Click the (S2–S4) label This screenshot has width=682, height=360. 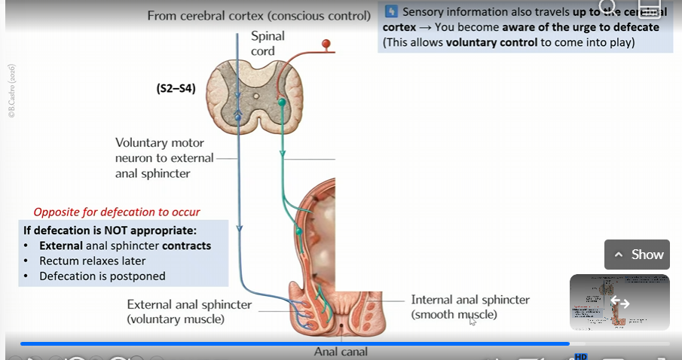point(176,88)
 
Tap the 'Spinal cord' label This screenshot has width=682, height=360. point(263,44)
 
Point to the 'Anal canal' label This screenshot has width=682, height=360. point(341,351)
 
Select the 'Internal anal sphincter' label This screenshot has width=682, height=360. point(470,300)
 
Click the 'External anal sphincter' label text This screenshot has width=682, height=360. point(189,305)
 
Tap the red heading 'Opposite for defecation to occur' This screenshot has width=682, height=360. point(117,212)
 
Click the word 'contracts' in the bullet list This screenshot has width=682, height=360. point(187,246)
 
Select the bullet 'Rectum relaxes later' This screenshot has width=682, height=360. point(93,261)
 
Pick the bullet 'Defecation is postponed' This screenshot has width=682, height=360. point(102,276)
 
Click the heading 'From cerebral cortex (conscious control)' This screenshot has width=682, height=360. point(258,16)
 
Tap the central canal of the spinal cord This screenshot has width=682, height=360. point(255,96)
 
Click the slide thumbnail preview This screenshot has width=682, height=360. point(619,302)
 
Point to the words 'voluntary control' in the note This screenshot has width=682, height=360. point(492,42)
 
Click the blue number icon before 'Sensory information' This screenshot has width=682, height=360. point(391,12)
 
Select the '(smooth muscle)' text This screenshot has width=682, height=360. point(454,314)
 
